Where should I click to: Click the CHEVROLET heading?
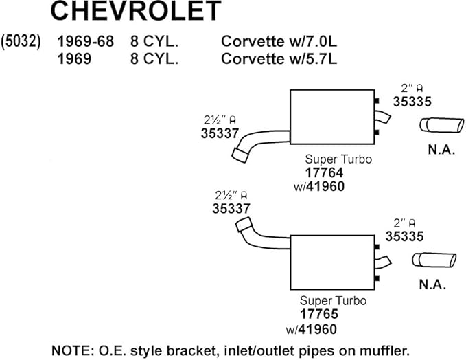136,12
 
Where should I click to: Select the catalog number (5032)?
21,41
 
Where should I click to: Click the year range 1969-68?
85,42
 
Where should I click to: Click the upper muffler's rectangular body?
332,118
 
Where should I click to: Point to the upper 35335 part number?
412,100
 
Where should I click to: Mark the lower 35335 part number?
404,236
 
